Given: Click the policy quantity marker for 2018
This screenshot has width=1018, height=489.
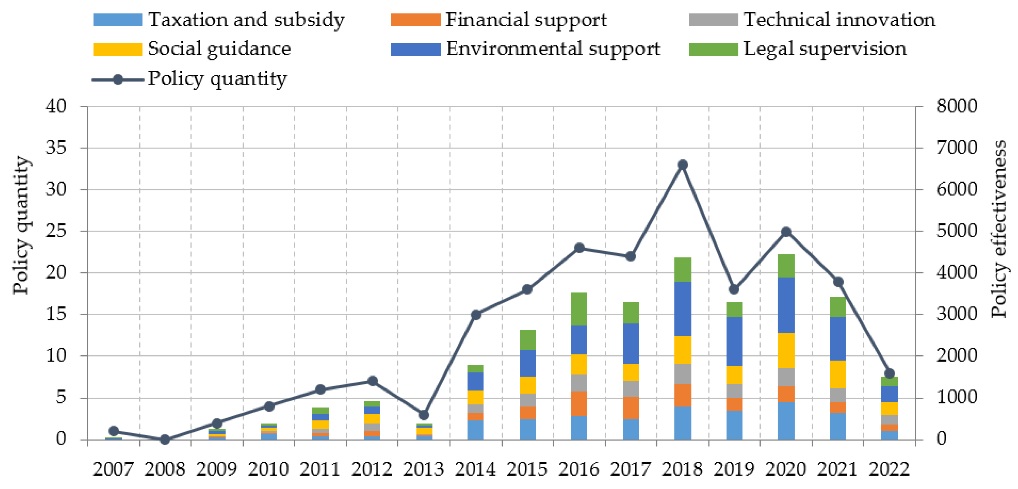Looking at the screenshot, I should click(682, 165).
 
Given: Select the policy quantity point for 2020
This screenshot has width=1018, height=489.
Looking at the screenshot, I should click(786, 232).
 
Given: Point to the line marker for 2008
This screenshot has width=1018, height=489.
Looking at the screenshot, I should click(165, 440).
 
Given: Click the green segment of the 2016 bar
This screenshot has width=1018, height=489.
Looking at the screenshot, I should click(579, 309).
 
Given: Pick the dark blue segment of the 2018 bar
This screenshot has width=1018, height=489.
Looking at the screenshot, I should click(682, 309).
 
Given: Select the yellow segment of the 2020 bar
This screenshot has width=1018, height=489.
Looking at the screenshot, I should click(786, 350).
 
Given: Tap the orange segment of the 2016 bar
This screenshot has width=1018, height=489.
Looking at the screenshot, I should click(579, 404).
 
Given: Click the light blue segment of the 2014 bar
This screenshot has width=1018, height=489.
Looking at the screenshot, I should click(475, 430).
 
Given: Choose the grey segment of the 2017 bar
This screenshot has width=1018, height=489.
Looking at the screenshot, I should click(631, 389).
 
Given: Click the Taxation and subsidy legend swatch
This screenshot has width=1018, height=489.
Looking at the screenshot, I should click(118, 20).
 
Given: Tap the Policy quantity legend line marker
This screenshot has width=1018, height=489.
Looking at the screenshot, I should click(118, 79).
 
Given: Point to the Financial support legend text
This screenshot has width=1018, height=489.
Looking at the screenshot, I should click(526, 20).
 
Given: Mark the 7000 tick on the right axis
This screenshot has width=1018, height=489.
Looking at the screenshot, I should click(956, 148).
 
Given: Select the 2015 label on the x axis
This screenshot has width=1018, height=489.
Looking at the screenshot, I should click(527, 469).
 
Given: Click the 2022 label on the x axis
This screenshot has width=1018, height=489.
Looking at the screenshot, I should click(889, 469).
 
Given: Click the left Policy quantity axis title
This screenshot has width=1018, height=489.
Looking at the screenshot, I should click(21, 225).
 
